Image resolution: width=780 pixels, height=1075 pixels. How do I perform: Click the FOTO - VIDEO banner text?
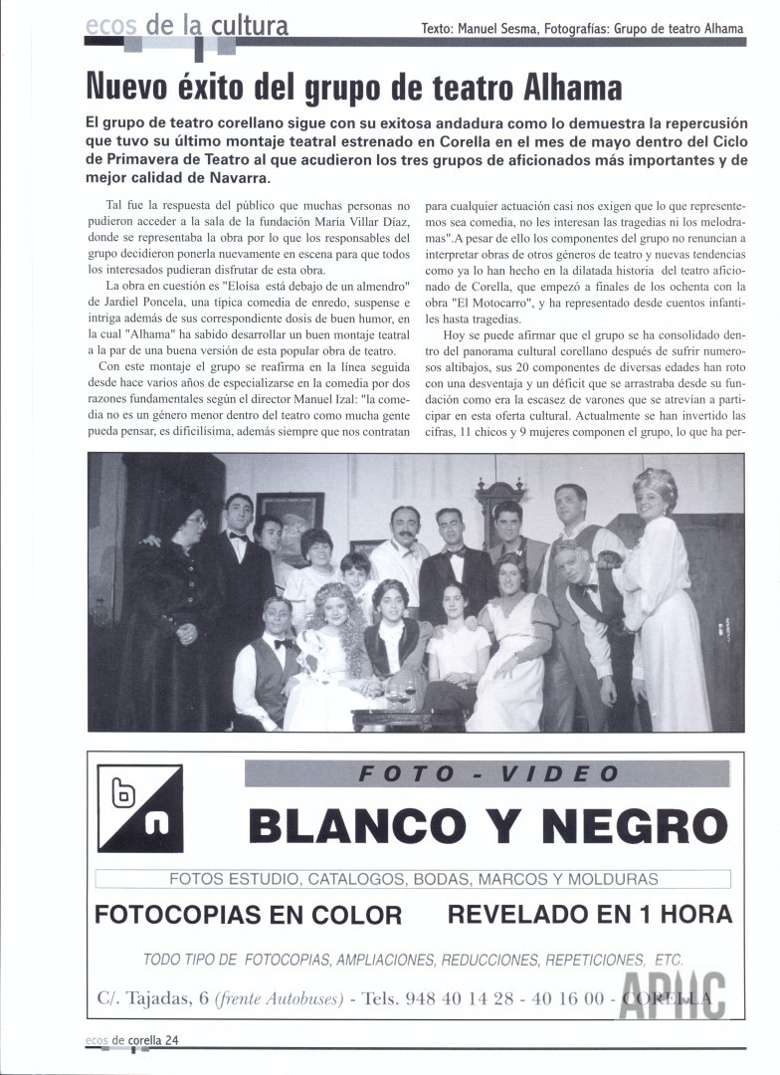coord(487,773)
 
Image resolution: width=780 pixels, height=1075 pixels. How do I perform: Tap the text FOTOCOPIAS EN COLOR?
coord(248,915)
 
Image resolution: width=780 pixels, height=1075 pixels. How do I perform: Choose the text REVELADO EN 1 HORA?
coord(590,913)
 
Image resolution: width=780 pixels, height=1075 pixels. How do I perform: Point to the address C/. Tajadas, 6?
coord(152,997)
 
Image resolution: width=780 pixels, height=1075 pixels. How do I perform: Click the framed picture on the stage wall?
coord(290,520)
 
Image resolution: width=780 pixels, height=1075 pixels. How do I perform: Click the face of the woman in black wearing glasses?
coord(194,521)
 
